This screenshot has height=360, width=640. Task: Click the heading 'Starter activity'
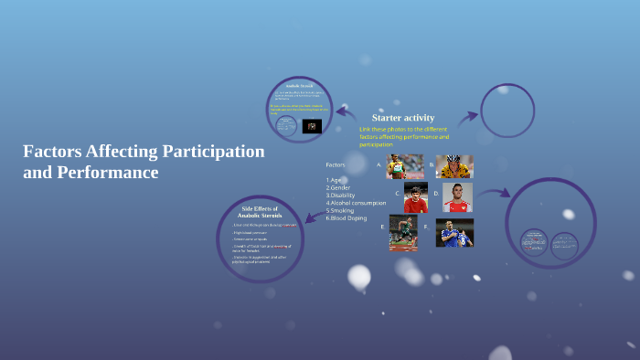tap(402, 118)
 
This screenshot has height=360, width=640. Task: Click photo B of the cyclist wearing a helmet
tap(454, 165)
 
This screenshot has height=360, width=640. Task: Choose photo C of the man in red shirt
tap(416, 196)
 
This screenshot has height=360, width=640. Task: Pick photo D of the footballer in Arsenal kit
tap(457, 197)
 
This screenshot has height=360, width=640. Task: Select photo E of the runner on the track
tap(402, 232)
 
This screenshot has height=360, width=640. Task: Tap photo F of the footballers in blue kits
tap(454, 232)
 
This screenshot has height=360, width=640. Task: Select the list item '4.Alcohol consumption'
tap(356, 203)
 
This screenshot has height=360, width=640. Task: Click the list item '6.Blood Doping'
tap(347, 217)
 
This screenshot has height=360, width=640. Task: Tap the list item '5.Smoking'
tap(341, 210)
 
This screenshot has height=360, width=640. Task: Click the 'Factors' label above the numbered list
tap(336, 164)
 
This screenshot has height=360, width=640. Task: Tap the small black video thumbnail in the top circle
tap(312, 126)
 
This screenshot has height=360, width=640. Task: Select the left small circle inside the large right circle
tap(534, 242)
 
